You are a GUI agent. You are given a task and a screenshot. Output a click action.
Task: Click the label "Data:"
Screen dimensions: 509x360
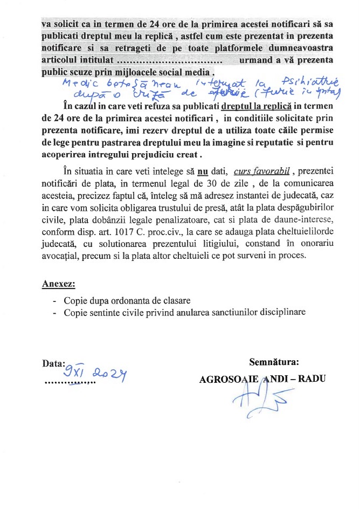pyautogui.click(x=54, y=363)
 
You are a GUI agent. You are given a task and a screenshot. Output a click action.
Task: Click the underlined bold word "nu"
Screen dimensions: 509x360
pyautogui.click(x=203, y=171)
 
